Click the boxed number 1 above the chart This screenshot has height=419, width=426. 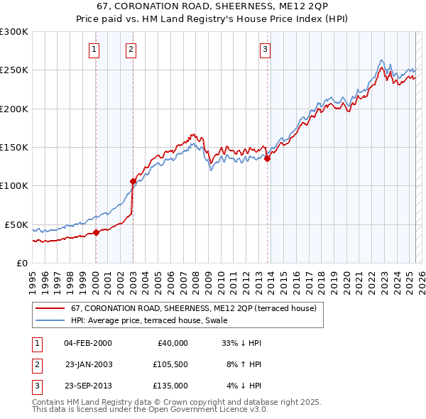point(94,50)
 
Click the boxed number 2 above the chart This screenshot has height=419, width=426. point(131,50)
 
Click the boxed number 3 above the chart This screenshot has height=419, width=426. point(264,50)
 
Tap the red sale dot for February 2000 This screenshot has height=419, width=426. point(96,232)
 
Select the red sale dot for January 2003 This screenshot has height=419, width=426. point(133,181)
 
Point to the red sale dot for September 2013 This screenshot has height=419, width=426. point(267,159)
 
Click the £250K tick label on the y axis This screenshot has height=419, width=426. point(14,70)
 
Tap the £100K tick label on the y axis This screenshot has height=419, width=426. point(14,186)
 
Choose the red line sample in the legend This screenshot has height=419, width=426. point(50,308)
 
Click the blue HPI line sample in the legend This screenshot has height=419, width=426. point(50,320)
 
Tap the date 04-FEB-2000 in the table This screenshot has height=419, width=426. point(87,343)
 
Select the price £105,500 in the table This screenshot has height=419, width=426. point(170,364)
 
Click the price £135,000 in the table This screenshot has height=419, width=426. point(170,386)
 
